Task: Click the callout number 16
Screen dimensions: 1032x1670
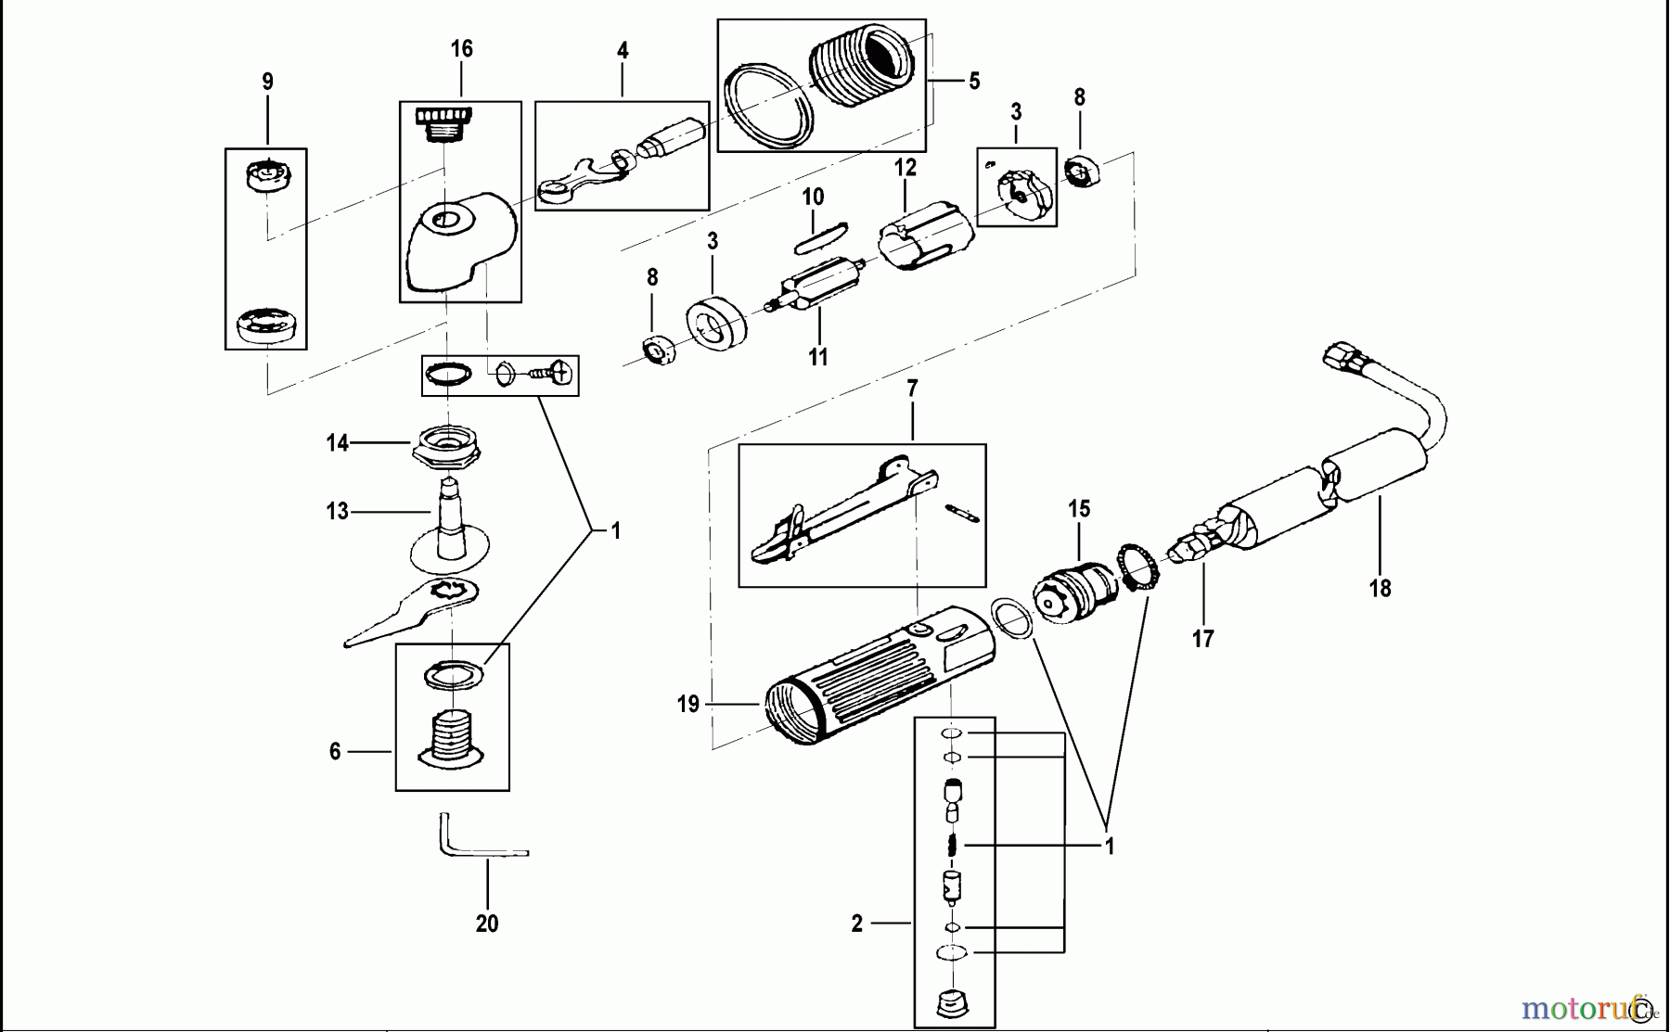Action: click(x=461, y=48)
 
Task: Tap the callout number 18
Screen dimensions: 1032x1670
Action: click(x=1380, y=588)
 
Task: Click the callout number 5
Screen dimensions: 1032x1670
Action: click(x=973, y=82)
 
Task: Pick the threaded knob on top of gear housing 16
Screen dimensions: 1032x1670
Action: click(x=443, y=121)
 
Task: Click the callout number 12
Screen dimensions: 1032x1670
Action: click(x=905, y=168)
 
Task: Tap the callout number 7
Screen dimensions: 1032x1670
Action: click(x=912, y=389)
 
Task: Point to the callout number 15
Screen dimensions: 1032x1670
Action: click(x=1078, y=508)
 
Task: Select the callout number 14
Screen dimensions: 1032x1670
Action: click(x=337, y=443)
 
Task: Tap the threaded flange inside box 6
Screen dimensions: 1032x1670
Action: click(x=451, y=737)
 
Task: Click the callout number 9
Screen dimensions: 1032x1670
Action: click(x=267, y=82)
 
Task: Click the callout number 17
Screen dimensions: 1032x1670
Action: click(x=1202, y=638)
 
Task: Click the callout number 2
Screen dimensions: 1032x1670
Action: click(x=856, y=924)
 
